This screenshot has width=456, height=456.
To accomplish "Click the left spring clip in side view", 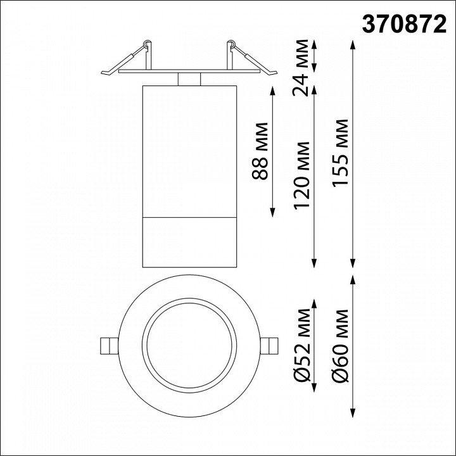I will pos(130,60).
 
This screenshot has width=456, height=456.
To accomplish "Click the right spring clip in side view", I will pos(248,60).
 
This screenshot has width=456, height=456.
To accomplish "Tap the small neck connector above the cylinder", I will pos(189,79).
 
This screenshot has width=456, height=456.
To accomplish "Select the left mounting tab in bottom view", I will pos(108,345).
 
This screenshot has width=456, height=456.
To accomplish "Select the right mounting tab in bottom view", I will pos(271,345).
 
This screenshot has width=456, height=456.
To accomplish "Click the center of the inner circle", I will pos(189,345).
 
